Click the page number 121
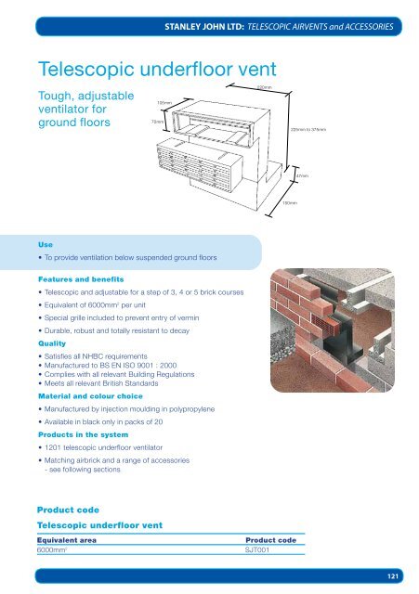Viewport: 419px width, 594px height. point(394,576)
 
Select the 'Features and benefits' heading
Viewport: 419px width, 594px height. point(80,277)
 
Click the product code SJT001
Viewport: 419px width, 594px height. point(257,550)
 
